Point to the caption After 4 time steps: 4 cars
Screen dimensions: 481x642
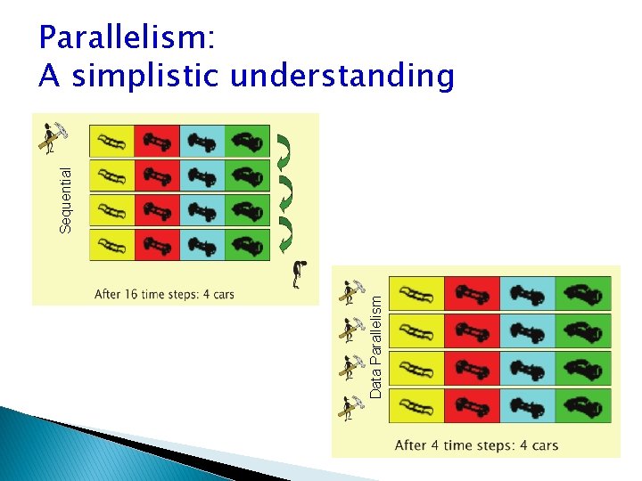[x=475, y=444]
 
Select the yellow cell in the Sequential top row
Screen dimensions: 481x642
[x=112, y=141]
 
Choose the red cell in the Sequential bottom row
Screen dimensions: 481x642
[x=157, y=245]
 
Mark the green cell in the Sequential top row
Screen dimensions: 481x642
[x=247, y=141]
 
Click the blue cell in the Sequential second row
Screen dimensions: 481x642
[x=202, y=175]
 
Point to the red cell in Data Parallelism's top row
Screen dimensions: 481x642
[x=472, y=293]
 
